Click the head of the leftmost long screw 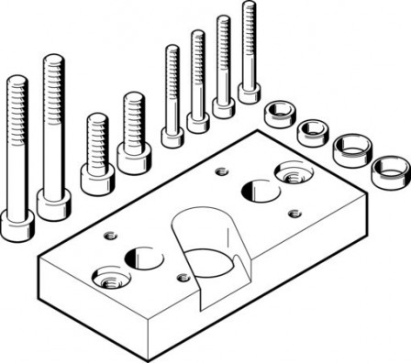coord(16,225)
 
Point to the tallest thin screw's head coord(248,92)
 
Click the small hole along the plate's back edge coord(218,171)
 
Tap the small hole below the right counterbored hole coord(292,214)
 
